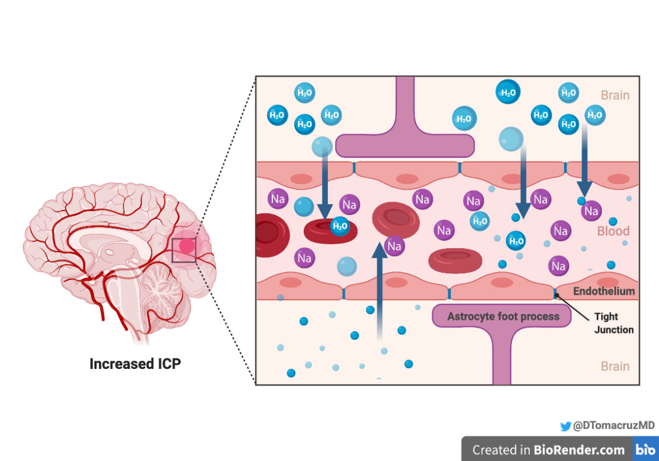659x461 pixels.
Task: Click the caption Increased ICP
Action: (x=135, y=364)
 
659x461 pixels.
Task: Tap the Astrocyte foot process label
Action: (x=503, y=316)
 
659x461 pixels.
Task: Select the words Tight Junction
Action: (x=614, y=323)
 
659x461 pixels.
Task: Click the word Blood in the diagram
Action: (x=613, y=231)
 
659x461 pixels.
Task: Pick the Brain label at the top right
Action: (x=615, y=95)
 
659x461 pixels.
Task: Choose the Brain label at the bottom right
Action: (x=615, y=366)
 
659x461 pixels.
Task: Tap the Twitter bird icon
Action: (x=565, y=427)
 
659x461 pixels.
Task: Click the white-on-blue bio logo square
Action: (x=646, y=449)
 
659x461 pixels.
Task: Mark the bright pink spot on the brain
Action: (x=187, y=246)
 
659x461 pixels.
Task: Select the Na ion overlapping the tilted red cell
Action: (x=394, y=246)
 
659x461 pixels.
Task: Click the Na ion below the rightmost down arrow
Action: (x=591, y=210)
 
